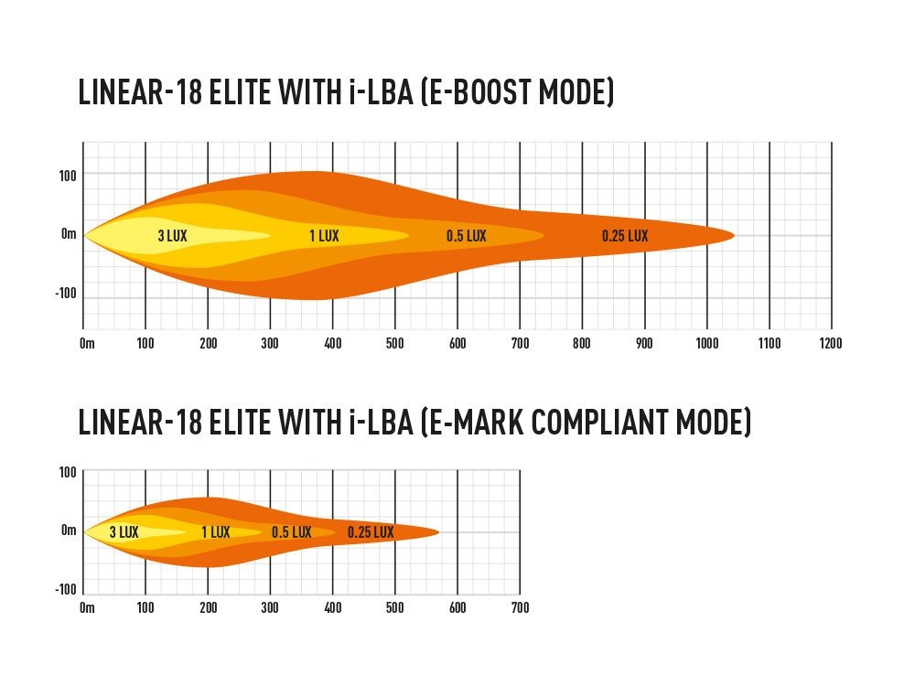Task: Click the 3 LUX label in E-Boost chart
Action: click(172, 236)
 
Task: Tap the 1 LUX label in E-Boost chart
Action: click(324, 236)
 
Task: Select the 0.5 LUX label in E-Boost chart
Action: click(466, 236)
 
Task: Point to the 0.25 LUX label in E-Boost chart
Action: click(625, 236)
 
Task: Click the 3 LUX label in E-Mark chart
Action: click(124, 532)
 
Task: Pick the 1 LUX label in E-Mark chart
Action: click(215, 532)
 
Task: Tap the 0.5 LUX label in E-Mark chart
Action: click(291, 532)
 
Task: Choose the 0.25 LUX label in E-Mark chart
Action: click(371, 532)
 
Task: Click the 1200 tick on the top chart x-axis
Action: click(830, 344)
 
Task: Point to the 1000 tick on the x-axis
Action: click(705, 344)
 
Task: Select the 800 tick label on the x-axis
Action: click(582, 344)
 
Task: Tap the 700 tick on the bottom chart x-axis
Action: click(519, 607)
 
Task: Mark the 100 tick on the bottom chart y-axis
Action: click(68, 472)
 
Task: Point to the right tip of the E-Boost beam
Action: click(734, 235)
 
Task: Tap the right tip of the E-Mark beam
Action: click(438, 531)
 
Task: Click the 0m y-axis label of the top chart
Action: click(69, 235)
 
